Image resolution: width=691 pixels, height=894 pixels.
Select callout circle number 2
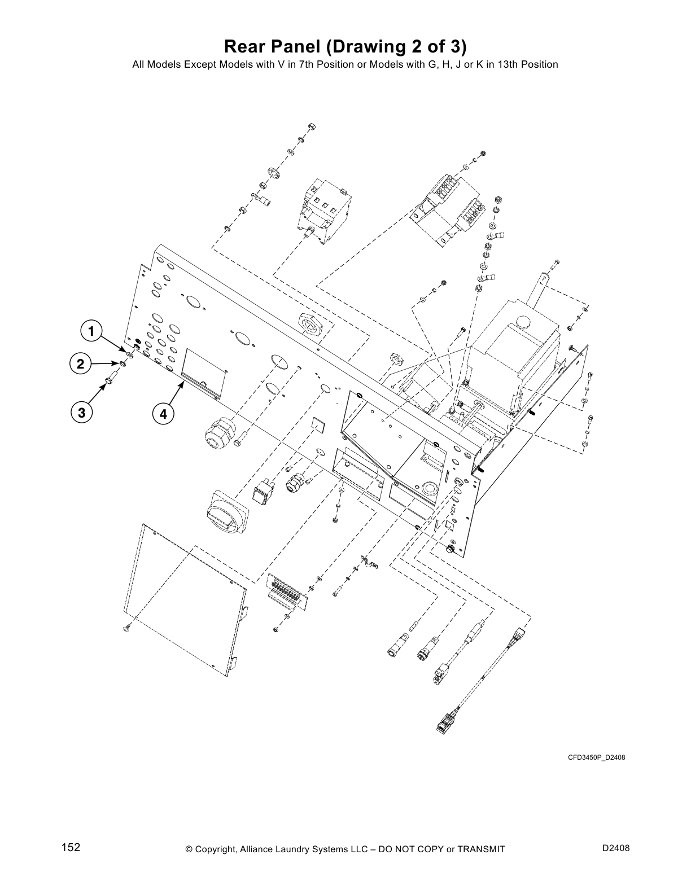[x=81, y=364]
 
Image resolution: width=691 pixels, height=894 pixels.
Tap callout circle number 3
[x=82, y=413]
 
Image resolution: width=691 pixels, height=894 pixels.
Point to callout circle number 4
[x=163, y=414]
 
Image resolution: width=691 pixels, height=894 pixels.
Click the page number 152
[x=71, y=847]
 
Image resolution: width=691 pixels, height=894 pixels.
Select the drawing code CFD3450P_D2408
[x=596, y=757]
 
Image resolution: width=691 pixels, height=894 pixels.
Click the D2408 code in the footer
[x=616, y=848]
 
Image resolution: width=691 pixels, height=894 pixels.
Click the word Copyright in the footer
[x=217, y=849]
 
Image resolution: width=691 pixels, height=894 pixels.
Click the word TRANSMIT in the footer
[x=481, y=849]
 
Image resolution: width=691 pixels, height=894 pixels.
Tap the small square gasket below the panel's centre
[x=320, y=424]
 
